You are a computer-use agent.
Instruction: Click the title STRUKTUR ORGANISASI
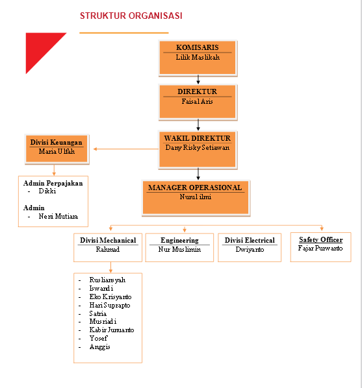click(131, 16)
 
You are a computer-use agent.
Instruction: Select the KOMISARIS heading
click(198, 47)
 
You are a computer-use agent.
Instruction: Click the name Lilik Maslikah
click(198, 57)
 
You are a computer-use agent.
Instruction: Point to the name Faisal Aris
click(198, 101)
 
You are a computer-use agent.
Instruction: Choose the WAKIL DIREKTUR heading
click(198, 138)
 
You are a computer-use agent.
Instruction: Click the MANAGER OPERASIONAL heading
click(195, 188)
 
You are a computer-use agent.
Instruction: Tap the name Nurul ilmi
click(195, 197)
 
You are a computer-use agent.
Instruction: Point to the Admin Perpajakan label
click(53, 183)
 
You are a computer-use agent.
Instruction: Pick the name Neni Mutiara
click(59, 217)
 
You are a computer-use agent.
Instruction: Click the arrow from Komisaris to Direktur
click(198, 80)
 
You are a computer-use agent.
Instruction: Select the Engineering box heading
click(179, 240)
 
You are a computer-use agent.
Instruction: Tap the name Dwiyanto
click(250, 249)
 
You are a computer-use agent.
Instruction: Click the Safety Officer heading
click(320, 239)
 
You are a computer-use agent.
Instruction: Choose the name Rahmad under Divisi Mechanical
click(108, 249)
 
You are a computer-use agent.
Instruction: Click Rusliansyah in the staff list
click(107, 280)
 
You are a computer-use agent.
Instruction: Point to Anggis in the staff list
click(99, 346)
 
